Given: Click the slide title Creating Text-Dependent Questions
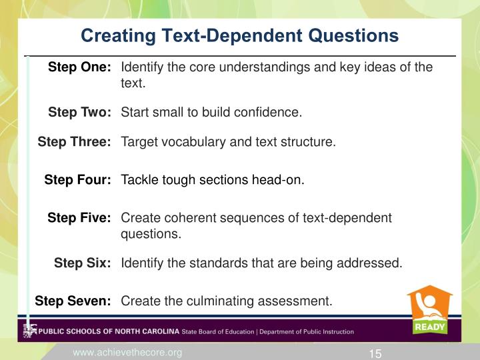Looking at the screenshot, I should click(239, 35).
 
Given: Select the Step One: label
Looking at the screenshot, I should click(79, 67).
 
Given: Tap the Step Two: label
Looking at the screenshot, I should click(79, 113).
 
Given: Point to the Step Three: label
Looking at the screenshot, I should click(74, 142).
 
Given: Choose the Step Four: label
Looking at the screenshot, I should click(77, 179).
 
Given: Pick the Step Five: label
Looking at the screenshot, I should click(79, 218).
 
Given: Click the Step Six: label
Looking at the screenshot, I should click(82, 263).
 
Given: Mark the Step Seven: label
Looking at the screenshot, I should click(73, 301).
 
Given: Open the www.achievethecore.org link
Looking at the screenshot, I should click(127, 352).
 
